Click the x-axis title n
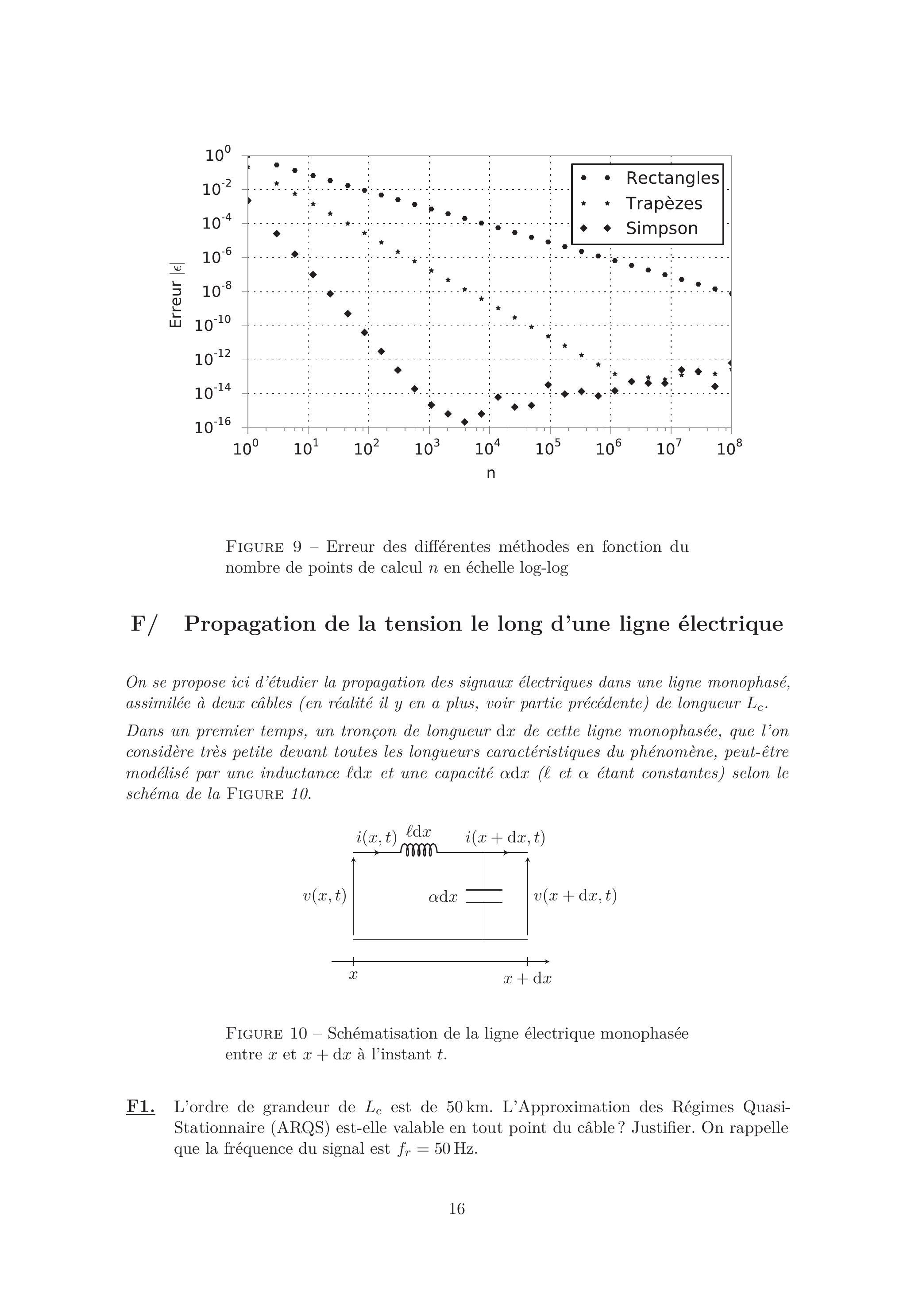coord(490,473)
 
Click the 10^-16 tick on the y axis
coord(213,427)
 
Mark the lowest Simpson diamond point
coord(464,422)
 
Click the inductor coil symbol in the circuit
coord(418,849)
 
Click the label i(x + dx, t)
coord(505,837)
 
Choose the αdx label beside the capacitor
coord(443,897)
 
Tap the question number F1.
coord(140,1107)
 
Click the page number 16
coord(457,1208)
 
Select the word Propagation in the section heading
coord(250,624)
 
